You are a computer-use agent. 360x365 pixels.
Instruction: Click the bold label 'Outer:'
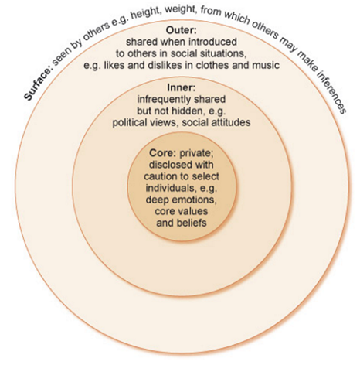pyautogui.click(x=181, y=30)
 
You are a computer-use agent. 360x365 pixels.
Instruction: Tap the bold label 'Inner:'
pyautogui.click(x=182, y=87)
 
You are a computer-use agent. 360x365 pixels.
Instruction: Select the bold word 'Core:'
pyautogui.click(x=162, y=153)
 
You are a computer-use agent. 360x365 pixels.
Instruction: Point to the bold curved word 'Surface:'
pyautogui.click(x=38, y=84)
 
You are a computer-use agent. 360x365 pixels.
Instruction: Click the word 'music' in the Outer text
pyautogui.click(x=266, y=65)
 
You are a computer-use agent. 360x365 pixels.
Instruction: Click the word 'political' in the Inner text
pyautogui.click(x=130, y=123)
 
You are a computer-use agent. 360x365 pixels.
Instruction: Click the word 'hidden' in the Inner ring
pyautogui.click(x=187, y=111)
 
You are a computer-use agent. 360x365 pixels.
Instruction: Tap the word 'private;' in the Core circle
pyautogui.click(x=196, y=153)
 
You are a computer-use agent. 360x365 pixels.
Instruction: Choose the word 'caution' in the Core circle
pyautogui.click(x=161, y=176)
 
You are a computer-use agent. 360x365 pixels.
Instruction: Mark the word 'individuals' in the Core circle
pyautogui.click(x=171, y=188)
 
